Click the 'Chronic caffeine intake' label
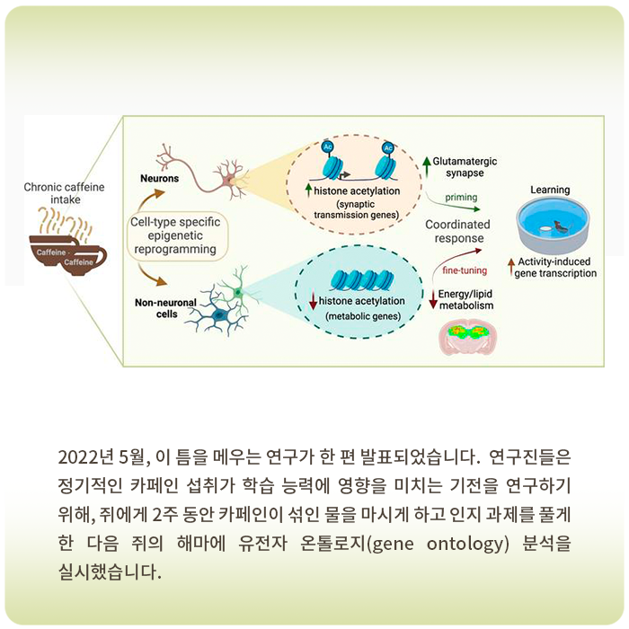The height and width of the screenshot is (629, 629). point(64,193)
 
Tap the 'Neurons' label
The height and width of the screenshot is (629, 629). point(159,179)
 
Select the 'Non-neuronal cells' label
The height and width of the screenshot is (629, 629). point(165,308)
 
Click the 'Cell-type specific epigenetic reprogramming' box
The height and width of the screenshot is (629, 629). point(175,235)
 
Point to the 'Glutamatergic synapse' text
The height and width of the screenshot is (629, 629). point(465,167)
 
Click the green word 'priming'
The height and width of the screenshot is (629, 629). point(461,198)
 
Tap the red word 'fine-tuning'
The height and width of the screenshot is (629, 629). point(465,270)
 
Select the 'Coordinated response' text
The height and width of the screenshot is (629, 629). point(457,231)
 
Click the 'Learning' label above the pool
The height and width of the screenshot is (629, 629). point(550,190)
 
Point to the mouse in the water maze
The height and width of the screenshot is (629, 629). point(561,227)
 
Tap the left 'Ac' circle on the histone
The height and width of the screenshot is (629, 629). point(327,146)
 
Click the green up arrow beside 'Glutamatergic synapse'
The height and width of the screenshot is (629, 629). point(427,166)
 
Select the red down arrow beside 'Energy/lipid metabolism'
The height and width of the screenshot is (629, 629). point(433,299)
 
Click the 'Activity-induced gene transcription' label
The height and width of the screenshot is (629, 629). point(555,268)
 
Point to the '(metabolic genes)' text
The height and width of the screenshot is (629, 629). point(363,316)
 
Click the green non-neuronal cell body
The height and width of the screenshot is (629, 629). point(238,292)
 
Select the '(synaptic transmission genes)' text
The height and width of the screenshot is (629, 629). point(356,209)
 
